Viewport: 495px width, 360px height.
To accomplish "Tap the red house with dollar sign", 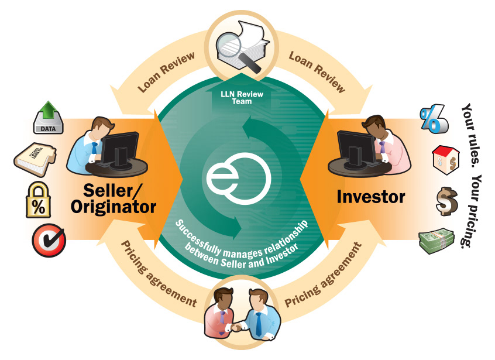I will click(x=444, y=159).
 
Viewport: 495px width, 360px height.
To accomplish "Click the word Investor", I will click(x=371, y=197).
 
